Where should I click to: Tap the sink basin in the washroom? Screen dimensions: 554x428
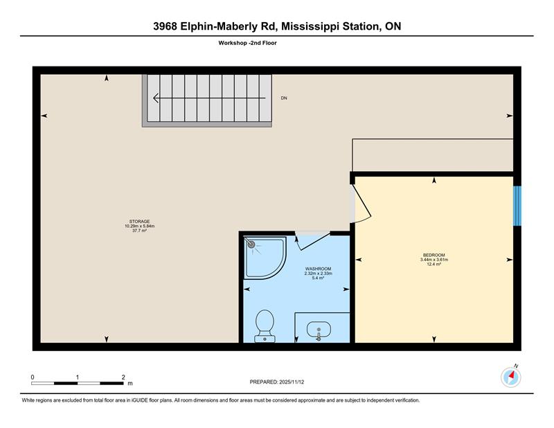click(x=319, y=330)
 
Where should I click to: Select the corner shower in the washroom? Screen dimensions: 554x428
click(x=265, y=258)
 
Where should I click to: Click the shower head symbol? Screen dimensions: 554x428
click(x=251, y=244)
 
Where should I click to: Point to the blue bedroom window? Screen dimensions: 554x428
click(x=517, y=206)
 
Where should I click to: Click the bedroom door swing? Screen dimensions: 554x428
click(x=361, y=204)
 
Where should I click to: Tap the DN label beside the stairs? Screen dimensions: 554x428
click(x=284, y=98)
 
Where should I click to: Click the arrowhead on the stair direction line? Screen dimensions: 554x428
click(x=156, y=98)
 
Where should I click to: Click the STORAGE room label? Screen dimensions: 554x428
click(x=140, y=222)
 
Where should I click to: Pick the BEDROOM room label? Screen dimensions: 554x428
click(x=434, y=255)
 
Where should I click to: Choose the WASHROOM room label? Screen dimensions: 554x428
click(x=319, y=269)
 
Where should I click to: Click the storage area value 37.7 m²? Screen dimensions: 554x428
click(x=140, y=231)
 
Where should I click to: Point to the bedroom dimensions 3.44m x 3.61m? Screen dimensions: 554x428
click(x=434, y=260)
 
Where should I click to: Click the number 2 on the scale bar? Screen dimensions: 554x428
click(x=123, y=377)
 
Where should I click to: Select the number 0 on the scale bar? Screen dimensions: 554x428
click(x=33, y=377)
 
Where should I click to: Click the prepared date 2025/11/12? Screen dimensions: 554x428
click(x=292, y=382)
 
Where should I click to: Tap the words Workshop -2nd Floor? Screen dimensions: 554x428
click(x=247, y=43)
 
